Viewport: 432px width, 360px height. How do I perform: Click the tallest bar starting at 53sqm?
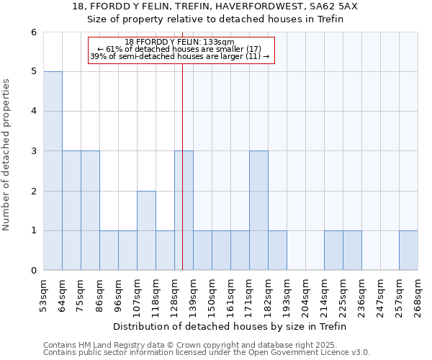53,171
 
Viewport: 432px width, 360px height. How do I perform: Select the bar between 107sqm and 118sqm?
146,230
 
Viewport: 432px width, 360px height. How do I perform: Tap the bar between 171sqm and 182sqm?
258,210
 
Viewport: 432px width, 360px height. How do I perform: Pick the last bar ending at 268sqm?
408,251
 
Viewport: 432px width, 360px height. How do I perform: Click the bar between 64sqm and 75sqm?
71,210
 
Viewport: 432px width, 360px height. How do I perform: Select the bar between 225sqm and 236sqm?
352,251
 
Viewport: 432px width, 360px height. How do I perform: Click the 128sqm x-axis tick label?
174,294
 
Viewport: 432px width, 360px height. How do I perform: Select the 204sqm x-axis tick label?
305,294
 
